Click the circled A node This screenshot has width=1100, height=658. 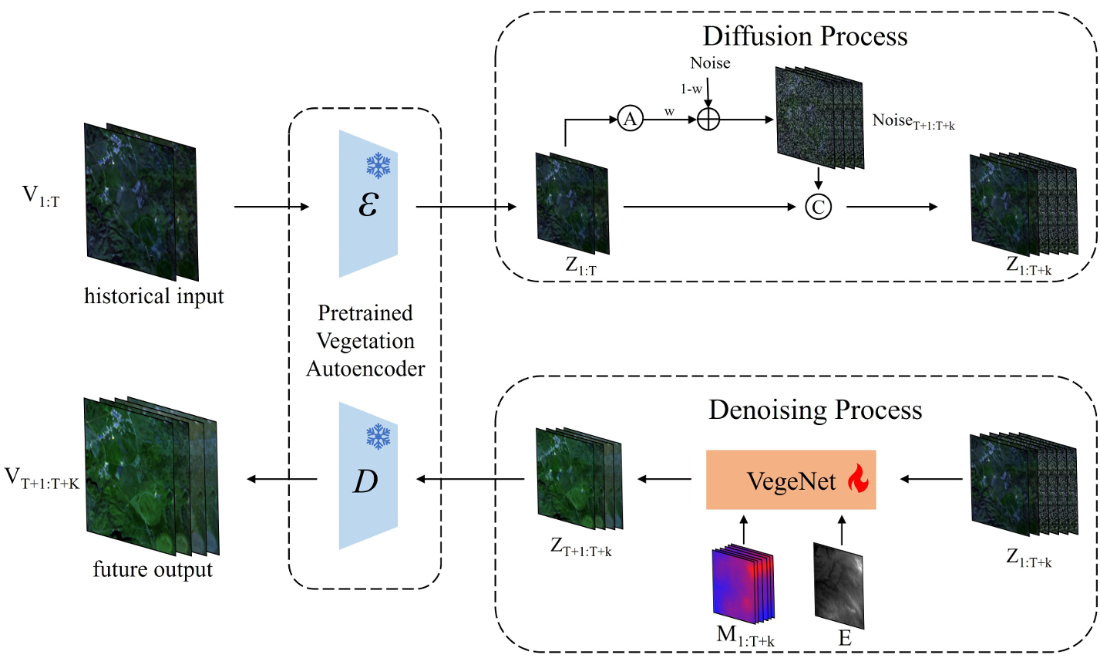tap(630, 119)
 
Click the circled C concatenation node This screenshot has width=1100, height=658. tap(819, 207)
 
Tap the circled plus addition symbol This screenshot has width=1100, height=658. tap(708, 119)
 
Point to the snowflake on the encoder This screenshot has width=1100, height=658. tap(378, 165)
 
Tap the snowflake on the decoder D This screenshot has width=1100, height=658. tap(378, 437)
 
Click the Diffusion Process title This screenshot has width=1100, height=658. tap(805, 36)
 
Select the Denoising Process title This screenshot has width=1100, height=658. tap(815, 410)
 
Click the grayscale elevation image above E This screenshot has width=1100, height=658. tap(839, 583)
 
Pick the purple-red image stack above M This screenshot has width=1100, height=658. tap(742, 583)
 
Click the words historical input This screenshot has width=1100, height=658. tap(154, 296)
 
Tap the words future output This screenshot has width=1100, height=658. tap(153, 570)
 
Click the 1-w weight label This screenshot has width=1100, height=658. tap(691, 89)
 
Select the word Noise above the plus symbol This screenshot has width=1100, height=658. tap(710, 63)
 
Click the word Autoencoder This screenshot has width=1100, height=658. tap(365, 369)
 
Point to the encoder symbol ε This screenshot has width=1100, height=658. tap(368, 205)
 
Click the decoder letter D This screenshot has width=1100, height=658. tap(365, 481)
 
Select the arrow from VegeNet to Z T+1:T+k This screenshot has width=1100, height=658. tap(664, 480)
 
